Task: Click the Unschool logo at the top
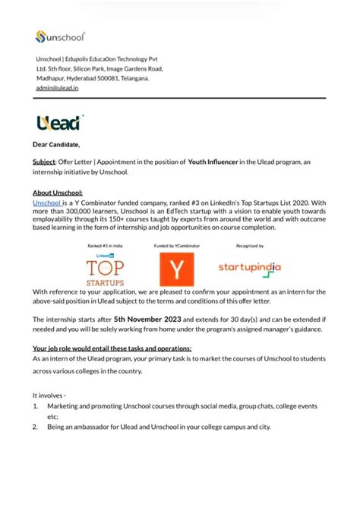pyautogui.click(x=60, y=36)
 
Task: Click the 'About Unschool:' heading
pyautogui.click(x=58, y=193)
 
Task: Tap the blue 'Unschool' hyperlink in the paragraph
pyautogui.click(x=46, y=203)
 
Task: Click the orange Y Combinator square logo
pyautogui.click(x=177, y=269)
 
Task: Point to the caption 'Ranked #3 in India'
pyautogui.click(x=105, y=246)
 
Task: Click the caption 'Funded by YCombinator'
pyautogui.click(x=175, y=246)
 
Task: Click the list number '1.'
pyautogui.click(x=36, y=407)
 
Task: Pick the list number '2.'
pyautogui.click(x=36, y=427)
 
